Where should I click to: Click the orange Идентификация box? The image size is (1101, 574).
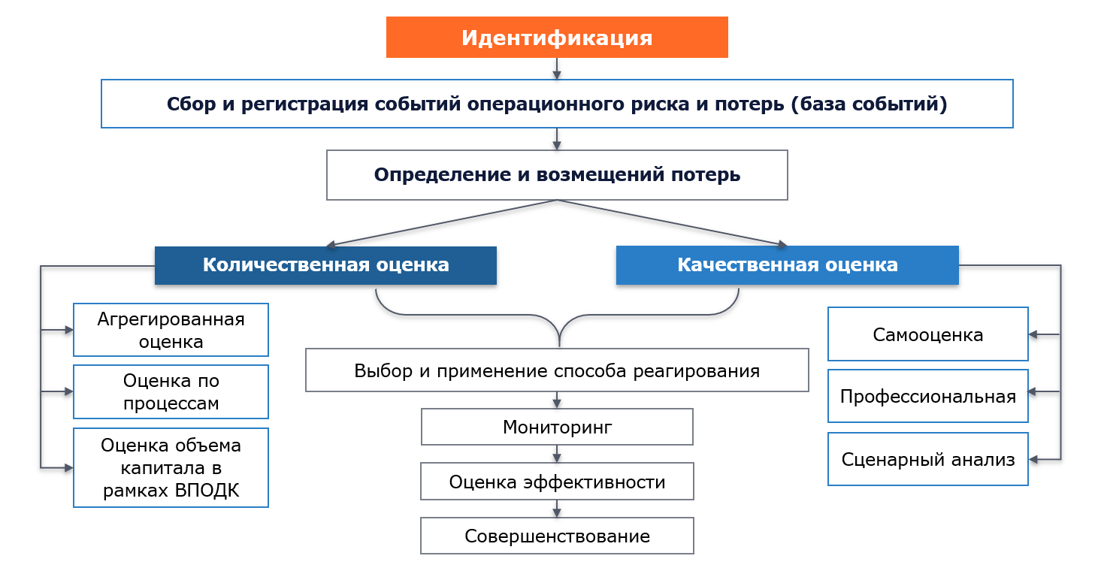[x=557, y=38]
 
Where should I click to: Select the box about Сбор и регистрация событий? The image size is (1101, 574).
[x=557, y=104]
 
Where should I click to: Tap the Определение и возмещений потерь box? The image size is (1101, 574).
[x=557, y=175]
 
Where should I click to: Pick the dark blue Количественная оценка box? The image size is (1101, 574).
[x=325, y=265]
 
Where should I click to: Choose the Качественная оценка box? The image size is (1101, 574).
[x=787, y=265]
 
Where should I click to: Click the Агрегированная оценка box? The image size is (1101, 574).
[x=171, y=330]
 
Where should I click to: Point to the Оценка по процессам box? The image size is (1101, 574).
[x=171, y=391]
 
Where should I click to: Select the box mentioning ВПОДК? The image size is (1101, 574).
[x=171, y=467]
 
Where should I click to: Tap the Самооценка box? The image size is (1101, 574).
[x=927, y=334]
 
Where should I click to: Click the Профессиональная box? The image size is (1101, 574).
[x=927, y=396]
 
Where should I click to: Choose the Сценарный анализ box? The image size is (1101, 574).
[x=927, y=459]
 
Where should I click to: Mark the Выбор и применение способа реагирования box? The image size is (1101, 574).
[x=557, y=370]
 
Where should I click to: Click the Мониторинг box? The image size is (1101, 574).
[x=557, y=427]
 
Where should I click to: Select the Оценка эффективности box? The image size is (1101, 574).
[x=557, y=482]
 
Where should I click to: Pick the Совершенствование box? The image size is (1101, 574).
[x=557, y=536]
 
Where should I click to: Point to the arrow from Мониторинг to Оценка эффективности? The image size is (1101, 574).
[x=557, y=454]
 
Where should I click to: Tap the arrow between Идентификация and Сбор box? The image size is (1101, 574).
[x=557, y=68]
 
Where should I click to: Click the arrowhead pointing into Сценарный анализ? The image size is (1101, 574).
[x=1033, y=460]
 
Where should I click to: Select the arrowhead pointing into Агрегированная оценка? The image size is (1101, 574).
[x=69, y=330]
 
